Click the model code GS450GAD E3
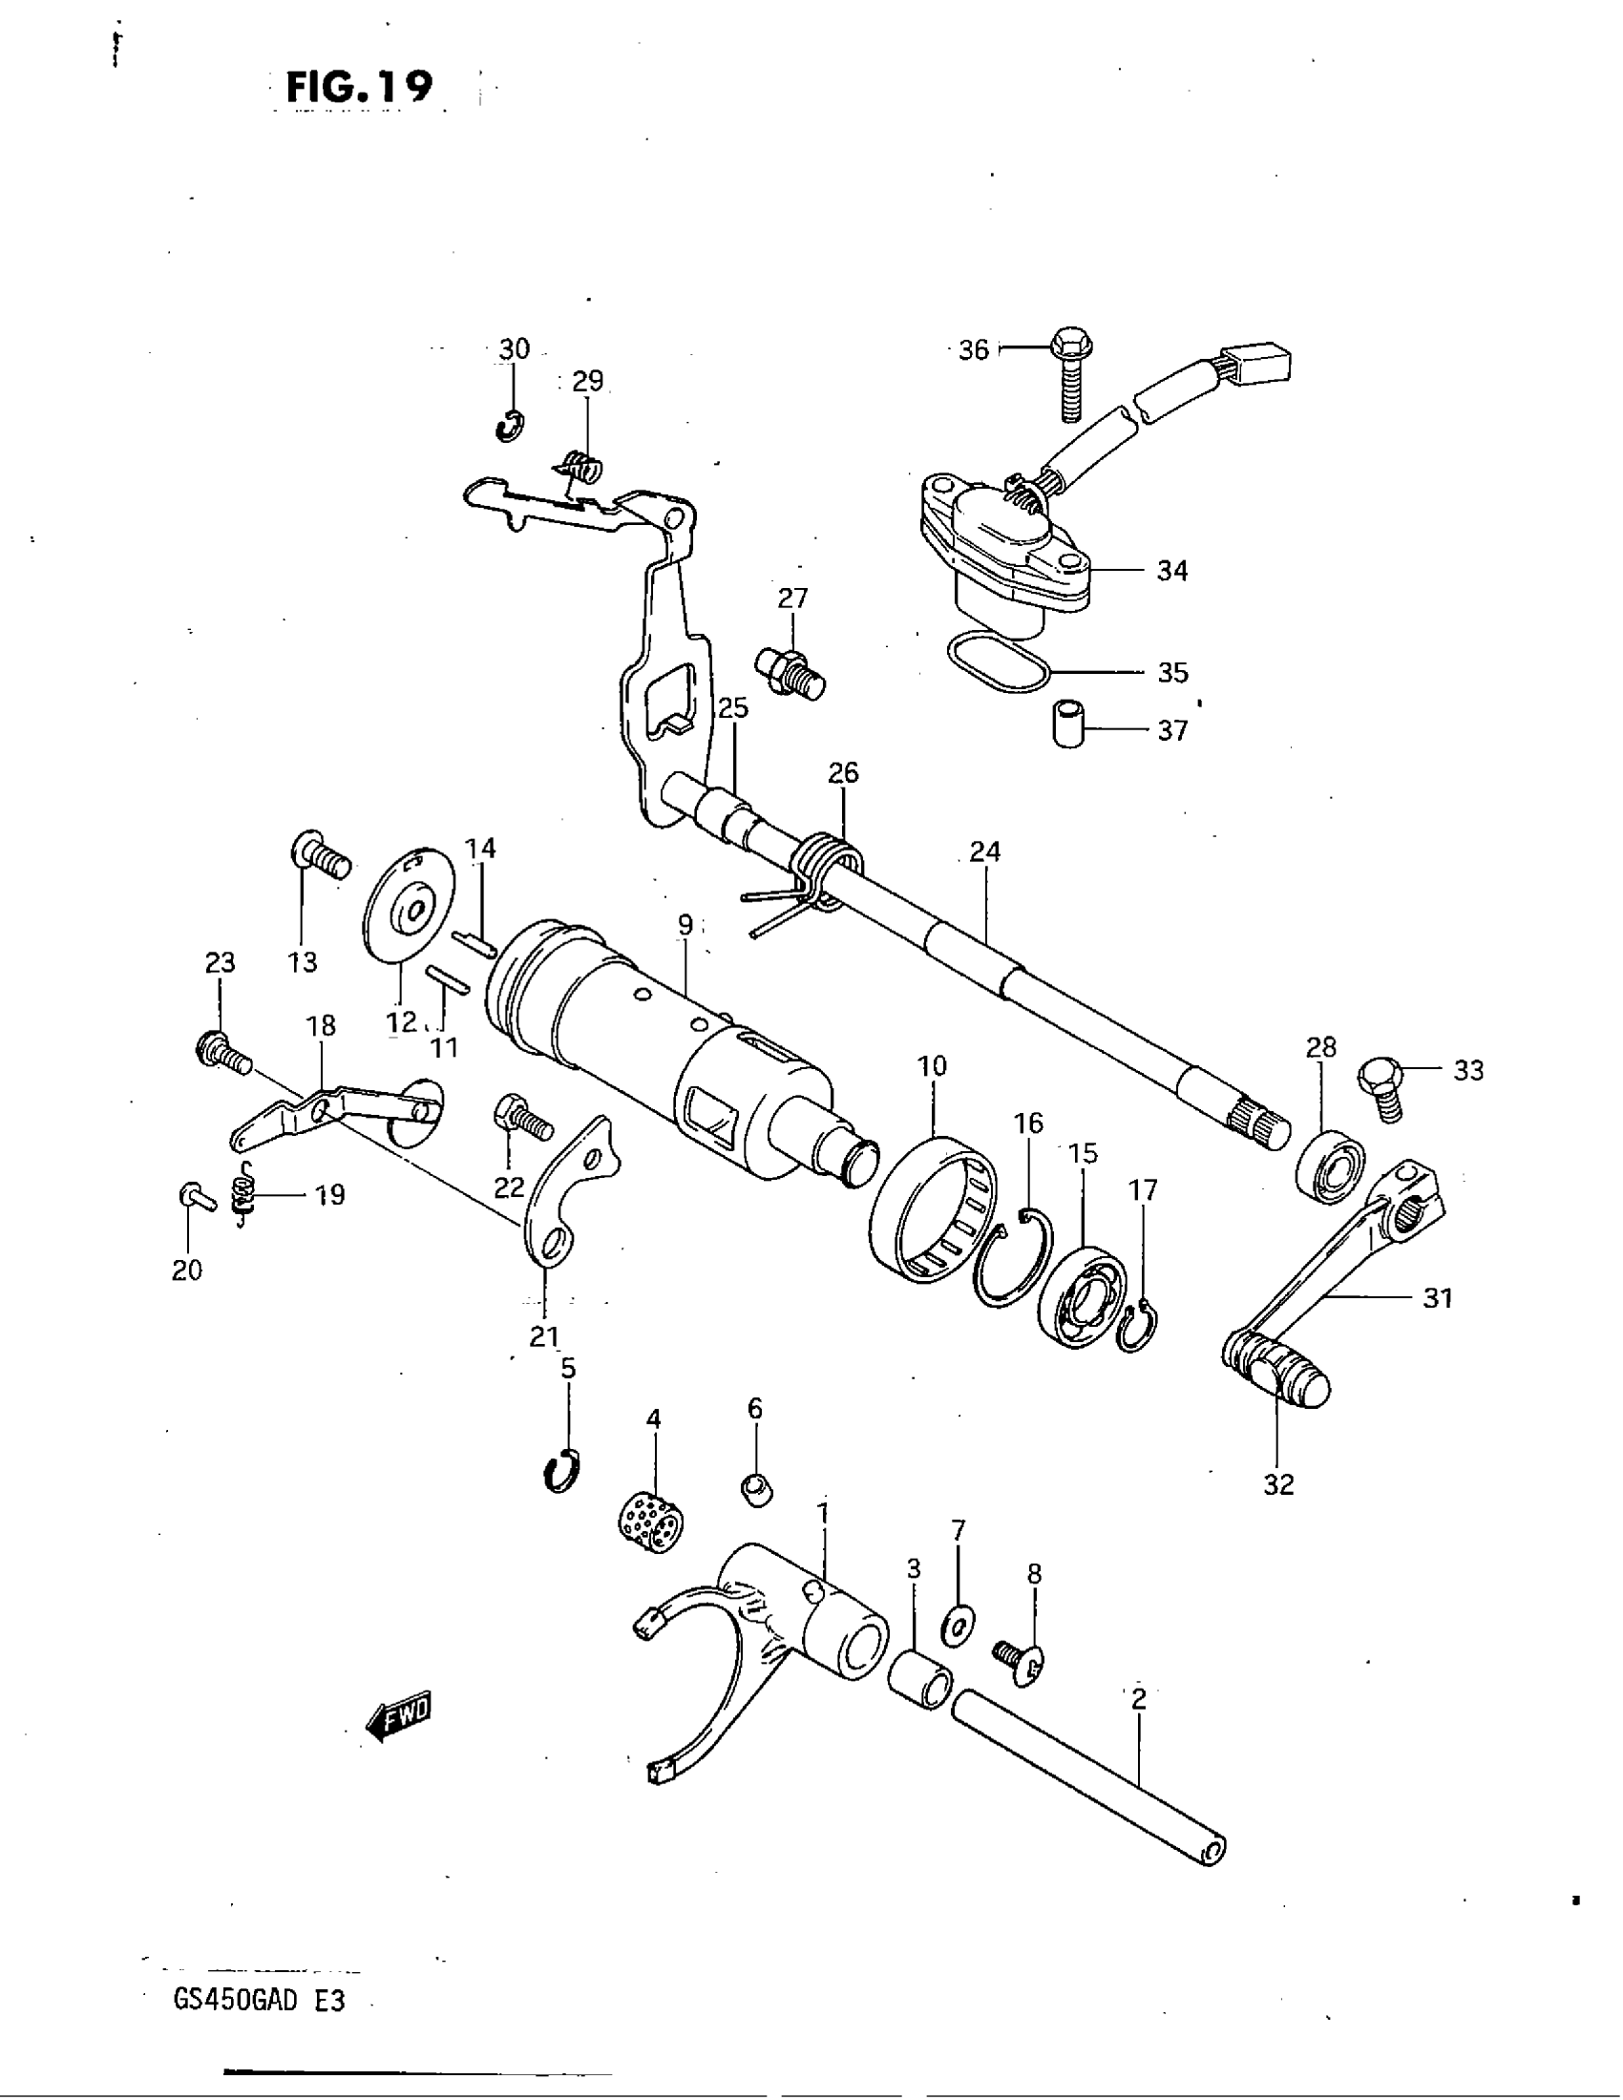(258, 2001)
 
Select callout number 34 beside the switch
(1172, 571)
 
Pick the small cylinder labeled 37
(1068, 724)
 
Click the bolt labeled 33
(1381, 1088)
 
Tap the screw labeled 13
(320, 855)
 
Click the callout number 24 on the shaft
(985, 850)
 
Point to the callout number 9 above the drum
(685, 925)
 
